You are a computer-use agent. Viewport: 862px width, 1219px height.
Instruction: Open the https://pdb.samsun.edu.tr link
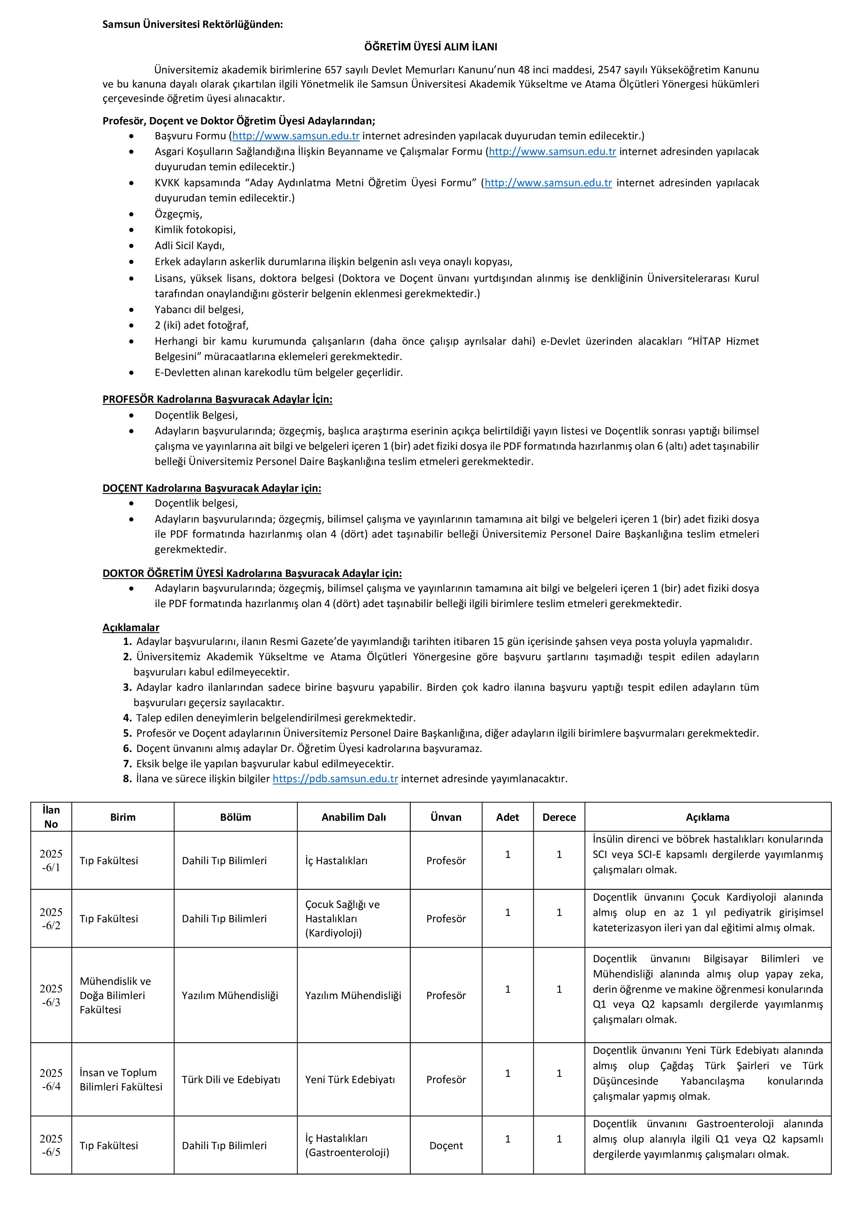coord(335,779)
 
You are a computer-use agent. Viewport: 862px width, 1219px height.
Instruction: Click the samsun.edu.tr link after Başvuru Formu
coord(296,136)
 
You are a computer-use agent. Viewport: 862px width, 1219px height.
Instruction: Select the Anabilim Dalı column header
coord(353,817)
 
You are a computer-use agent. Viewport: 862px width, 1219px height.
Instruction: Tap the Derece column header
coord(559,817)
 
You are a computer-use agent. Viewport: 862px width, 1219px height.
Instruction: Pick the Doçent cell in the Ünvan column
coord(446,1146)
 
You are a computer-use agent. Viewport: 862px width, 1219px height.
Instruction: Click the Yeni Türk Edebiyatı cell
coord(350,1079)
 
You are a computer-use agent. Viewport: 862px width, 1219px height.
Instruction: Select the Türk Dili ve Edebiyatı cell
coord(231,1079)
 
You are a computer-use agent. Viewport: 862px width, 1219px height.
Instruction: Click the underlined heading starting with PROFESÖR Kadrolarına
coord(217,399)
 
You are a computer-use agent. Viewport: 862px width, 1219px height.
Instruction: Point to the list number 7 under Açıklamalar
coord(127,763)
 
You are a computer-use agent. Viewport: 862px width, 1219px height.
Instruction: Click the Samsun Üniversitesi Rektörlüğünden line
coord(193,24)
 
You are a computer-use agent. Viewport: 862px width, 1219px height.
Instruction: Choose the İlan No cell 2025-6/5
coord(51,1145)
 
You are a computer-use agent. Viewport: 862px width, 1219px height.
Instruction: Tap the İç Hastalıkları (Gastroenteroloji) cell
coord(347,1145)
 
